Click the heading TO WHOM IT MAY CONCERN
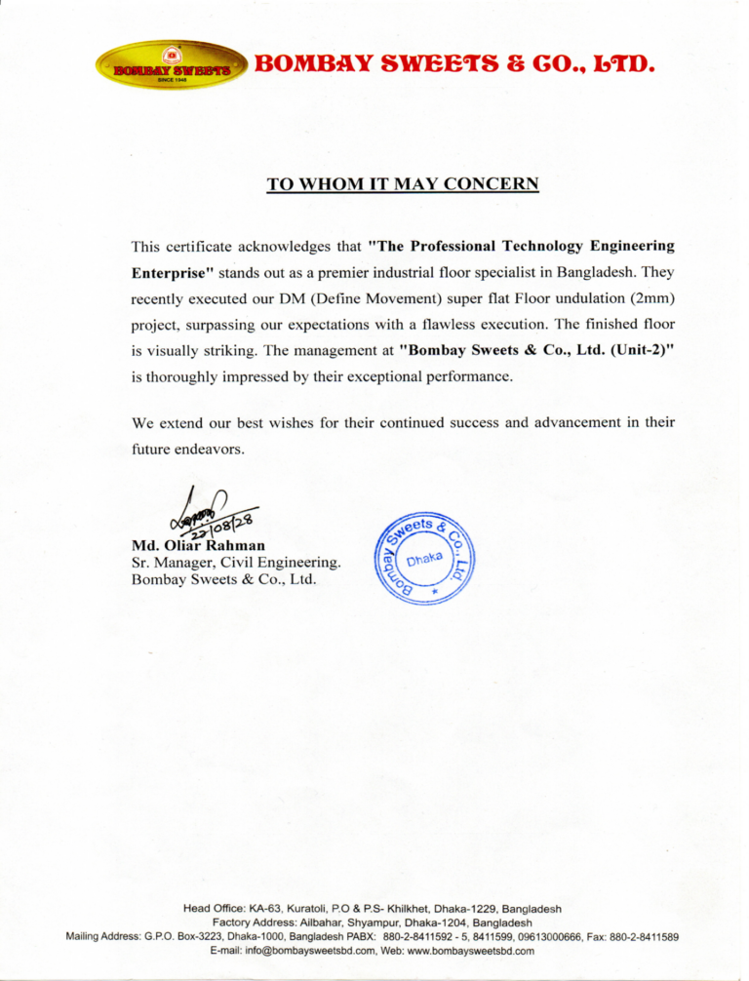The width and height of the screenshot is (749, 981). coord(403,183)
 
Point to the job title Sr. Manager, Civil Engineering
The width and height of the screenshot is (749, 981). coord(235,563)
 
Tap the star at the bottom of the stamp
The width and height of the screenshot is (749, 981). coord(436,593)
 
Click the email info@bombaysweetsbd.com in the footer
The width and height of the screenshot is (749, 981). coord(283,952)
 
